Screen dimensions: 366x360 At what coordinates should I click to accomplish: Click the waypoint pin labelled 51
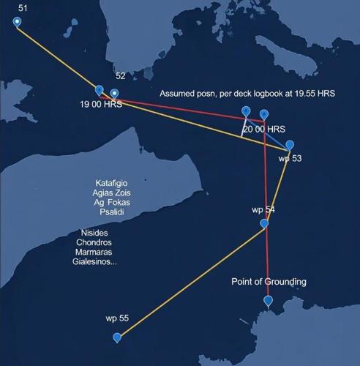18,21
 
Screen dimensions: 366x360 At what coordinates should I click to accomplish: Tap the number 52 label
121,76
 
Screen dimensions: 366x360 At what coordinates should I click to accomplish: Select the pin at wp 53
290,145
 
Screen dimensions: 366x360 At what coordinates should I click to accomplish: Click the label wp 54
263,209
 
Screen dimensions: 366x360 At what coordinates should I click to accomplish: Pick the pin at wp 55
117,337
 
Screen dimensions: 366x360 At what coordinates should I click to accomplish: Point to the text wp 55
117,318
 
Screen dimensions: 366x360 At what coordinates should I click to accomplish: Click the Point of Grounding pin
269,301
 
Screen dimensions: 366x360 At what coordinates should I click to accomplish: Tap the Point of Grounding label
269,282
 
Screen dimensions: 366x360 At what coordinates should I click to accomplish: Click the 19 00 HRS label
102,105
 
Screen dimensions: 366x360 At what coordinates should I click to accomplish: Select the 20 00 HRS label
264,129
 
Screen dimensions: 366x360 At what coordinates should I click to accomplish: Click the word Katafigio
114,183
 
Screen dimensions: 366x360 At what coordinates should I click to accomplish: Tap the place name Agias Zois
113,193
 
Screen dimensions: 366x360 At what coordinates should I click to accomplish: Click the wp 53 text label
290,159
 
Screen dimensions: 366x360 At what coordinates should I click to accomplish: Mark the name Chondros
94,242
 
